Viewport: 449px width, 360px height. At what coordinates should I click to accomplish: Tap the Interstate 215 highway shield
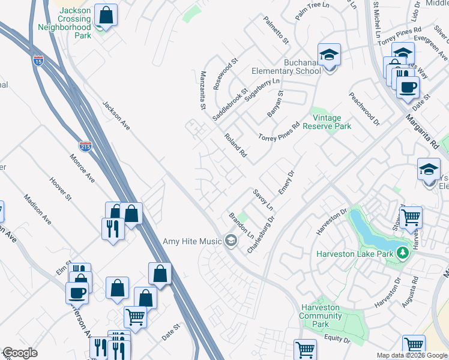click(85, 146)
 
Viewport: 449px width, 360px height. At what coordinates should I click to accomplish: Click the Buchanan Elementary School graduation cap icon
click(329, 55)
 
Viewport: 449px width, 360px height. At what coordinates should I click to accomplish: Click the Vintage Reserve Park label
click(327, 122)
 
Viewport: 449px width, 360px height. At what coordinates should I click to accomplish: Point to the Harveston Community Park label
click(321, 316)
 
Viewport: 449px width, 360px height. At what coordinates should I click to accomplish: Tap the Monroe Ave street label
click(83, 170)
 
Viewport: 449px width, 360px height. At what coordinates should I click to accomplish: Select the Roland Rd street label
click(235, 145)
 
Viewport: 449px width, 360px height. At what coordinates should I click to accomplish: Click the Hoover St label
click(61, 188)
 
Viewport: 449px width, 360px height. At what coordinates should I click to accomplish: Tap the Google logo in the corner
click(20, 353)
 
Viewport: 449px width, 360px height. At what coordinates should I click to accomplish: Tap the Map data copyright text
click(412, 355)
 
